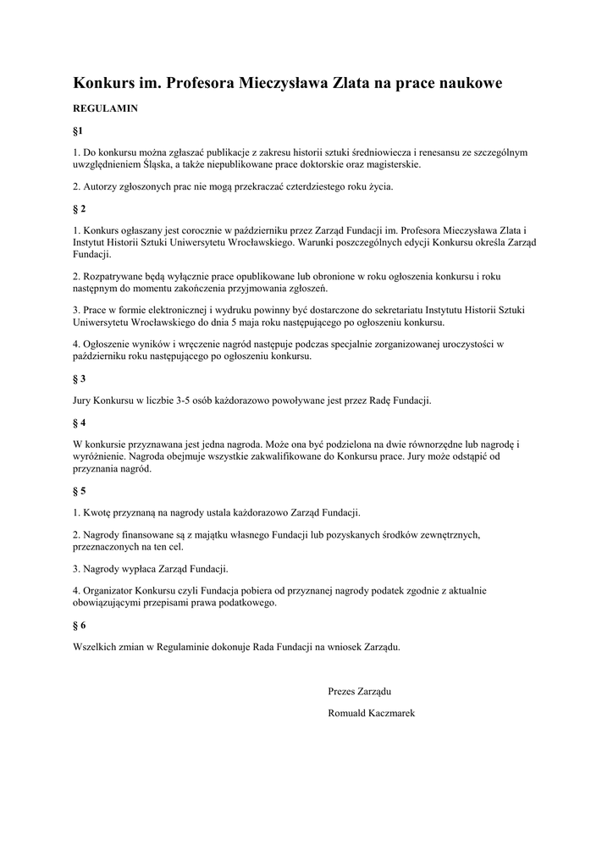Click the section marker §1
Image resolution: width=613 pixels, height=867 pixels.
(x=79, y=131)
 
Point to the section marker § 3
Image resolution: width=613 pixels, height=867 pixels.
(x=80, y=378)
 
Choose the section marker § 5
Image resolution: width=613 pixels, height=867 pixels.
(x=80, y=490)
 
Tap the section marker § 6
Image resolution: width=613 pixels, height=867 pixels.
(x=80, y=625)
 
